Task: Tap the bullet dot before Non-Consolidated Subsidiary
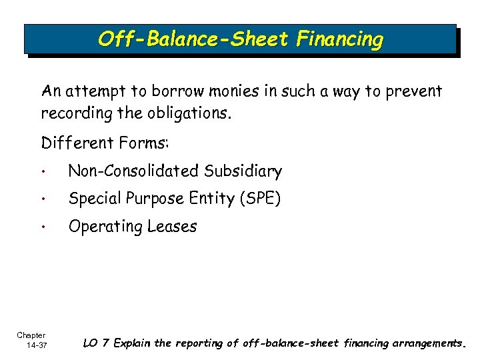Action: pos(44,172)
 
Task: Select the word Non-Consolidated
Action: pos(133,171)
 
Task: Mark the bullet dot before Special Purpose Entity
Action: pos(44,200)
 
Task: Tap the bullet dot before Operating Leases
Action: pos(44,227)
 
